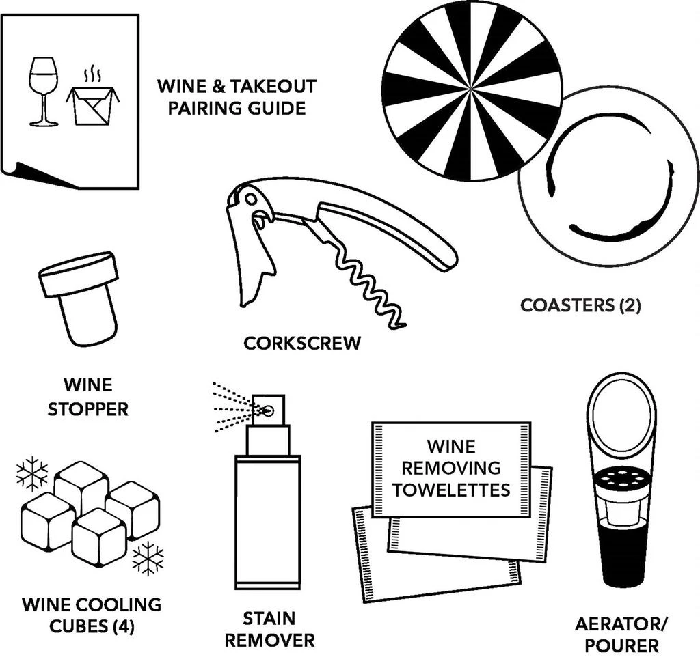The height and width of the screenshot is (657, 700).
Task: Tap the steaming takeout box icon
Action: click(92, 99)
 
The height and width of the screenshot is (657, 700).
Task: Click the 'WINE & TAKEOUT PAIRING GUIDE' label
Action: click(237, 97)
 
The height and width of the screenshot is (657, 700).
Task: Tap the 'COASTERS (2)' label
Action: click(580, 305)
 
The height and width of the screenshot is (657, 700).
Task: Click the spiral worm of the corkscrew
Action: click(366, 287)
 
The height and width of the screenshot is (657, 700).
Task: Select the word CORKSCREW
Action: click(301, 343)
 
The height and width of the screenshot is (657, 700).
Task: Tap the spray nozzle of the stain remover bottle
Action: click(267, 410)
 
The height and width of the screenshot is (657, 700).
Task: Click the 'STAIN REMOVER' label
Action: click(269, 629)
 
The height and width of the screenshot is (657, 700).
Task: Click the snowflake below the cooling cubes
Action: click(148, 558)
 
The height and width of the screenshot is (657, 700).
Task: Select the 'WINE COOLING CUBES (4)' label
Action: click(92, 615)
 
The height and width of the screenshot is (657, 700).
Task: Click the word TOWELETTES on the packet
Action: click(451, 490)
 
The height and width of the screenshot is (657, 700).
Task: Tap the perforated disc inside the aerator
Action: click(621, 479)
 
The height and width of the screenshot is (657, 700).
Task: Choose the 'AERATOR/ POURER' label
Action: click(621, 634)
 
